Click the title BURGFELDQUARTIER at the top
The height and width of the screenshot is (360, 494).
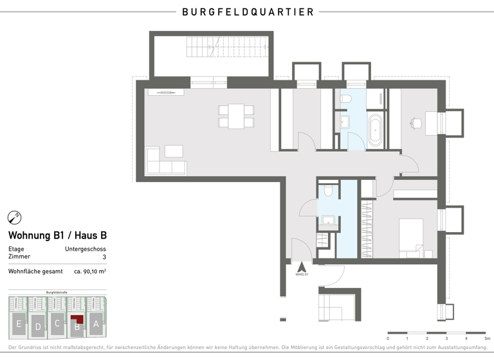pyautogui.click(x=248, y=12)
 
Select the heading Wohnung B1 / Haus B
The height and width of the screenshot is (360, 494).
pyautogui.click(x=57, y=235)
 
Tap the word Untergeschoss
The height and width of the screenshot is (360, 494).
pyautogui.click(x=86, y=249)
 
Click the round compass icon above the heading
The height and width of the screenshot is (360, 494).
pyautogui.click(x=14, y=217)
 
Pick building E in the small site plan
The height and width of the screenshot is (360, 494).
pyautogui.click(x=19, y=323)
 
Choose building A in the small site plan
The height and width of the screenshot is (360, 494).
pyautogui.click(x=96, y=323)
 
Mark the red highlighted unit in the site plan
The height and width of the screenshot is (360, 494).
pyautogui.click(x=78, y=320)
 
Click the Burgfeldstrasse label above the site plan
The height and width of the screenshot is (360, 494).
pyautogui.click(x=57, y=292)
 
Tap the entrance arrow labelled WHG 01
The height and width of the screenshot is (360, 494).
pyautogui.click(x=299, y=266)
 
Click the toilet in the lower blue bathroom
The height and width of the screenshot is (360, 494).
pyautogui.click(x=328, y=191)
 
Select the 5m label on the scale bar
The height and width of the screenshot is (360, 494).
pyautogui.click(x=487, y=337)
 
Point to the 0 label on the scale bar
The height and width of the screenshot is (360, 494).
pyautogui.click(x=388, y=337)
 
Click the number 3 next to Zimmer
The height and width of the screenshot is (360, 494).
pyautogui.click(x=104, y=256)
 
